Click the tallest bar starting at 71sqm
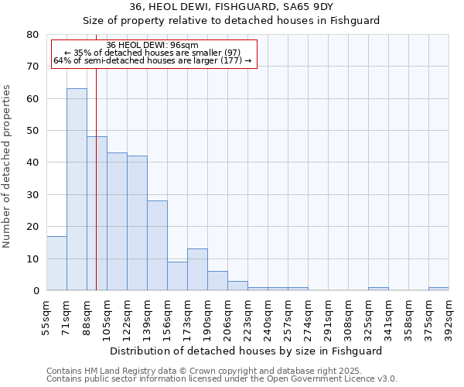tap(77, 190)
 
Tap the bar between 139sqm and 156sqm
tap(157, 245)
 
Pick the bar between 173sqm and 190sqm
tap(197, 269)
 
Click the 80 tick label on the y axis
tap(32, 35)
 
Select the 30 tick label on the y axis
tap(32, 195)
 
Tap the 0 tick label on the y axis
tap(36, 291)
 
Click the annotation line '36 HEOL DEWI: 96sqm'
tap(152, 45)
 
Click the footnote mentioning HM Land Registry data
tap(221, 371)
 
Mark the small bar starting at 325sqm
tap(378, 289)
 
